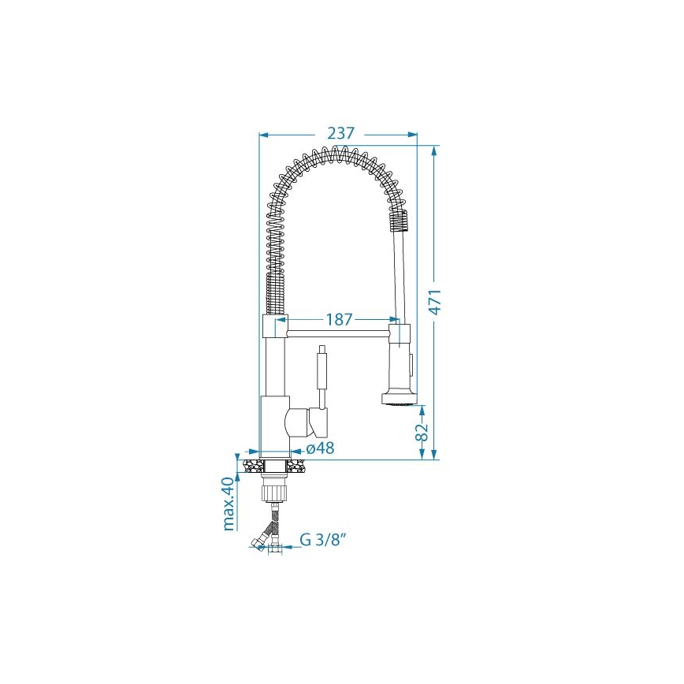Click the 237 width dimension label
(340, 134)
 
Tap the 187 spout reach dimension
(339, 320)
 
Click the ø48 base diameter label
(319, 448)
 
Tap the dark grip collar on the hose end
(400, 221)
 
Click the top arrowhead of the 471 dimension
(433, 150)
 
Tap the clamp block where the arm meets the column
(272, 325)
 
